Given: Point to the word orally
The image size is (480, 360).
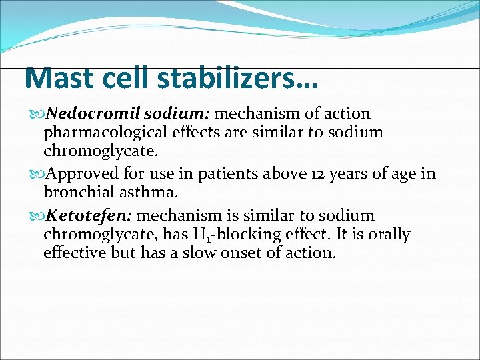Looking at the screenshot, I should tap(388, 235).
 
